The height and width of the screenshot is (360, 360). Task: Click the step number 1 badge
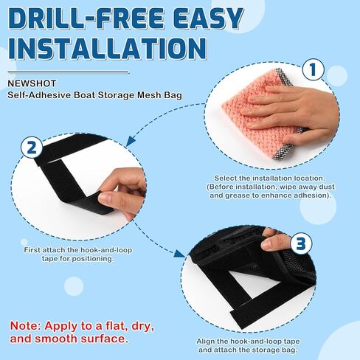click(314, 71)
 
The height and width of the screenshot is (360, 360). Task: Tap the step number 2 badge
click(31, 147)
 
